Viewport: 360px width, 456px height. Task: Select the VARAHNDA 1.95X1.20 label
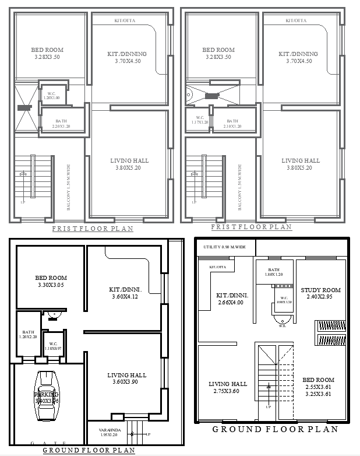(x=105, y=432)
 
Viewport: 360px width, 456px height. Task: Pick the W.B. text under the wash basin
(x=282, y=325)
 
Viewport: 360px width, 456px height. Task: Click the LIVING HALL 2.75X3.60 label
(x=228, y=387)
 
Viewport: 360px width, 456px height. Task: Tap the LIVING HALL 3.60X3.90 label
(x=127, y=378)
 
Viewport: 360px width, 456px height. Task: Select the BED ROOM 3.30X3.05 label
(x=51, y=282)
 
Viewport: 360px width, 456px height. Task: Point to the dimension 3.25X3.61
(x=319, y=394)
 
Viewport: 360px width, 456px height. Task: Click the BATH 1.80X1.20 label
(x=273, y=272)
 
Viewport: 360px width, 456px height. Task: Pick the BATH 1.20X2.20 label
(x=28, y=334)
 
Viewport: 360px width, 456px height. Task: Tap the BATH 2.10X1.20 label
(x=232, y=124)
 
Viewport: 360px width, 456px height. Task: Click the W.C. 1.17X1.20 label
(x=199, y=120)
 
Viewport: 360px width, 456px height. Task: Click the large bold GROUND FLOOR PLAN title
(x=275, y=429)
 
